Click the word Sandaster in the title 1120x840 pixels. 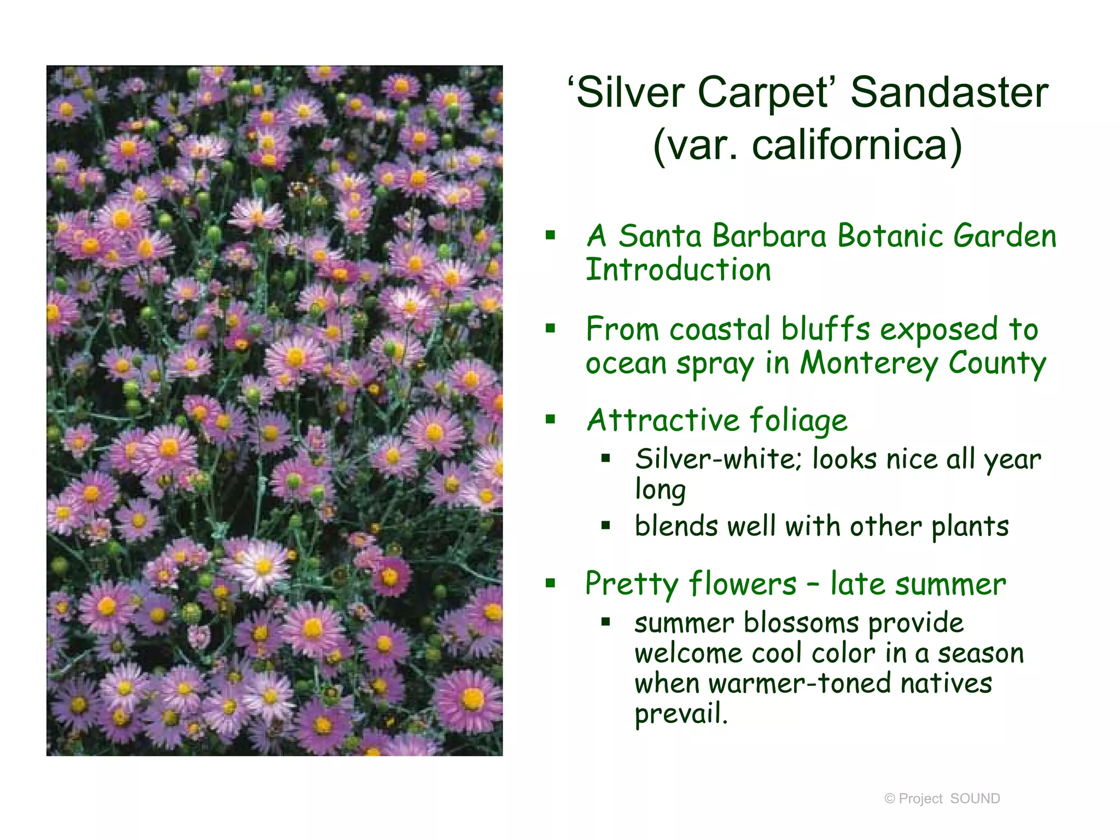click(x=949, y=92)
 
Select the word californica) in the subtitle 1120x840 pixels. click(x=856, y=145)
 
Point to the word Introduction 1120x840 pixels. click(x=678, y=270)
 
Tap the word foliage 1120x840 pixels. click(x=798, y=421)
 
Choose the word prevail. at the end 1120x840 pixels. click(x=681, y=714)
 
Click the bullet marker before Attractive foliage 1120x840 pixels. click(x=550, y=419)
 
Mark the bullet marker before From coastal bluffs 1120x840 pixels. click(x=550, y=328)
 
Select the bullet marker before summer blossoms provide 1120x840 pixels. click(x=605, y=622)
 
